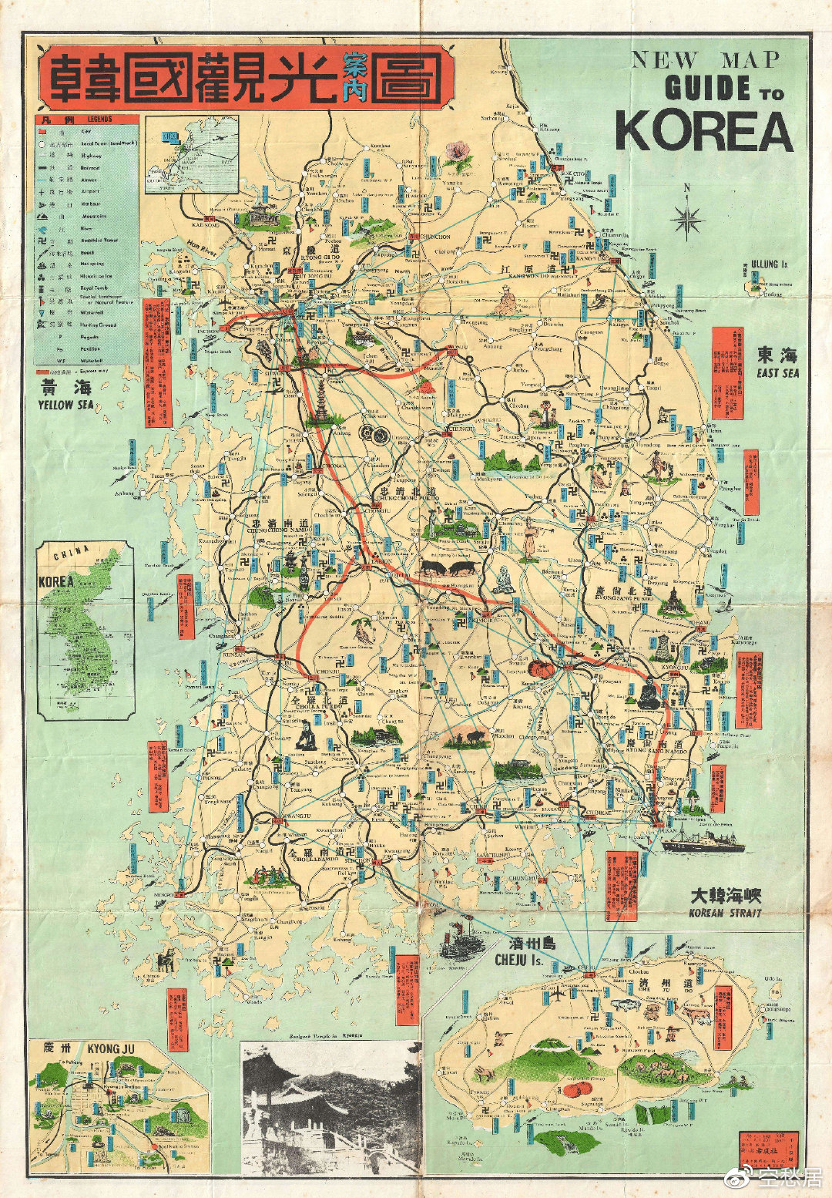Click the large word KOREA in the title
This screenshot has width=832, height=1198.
tap(704, 132)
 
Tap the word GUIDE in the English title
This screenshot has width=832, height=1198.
tap(708, 89)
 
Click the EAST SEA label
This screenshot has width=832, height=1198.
tap(777, 363)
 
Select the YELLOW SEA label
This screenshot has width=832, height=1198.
tap(66, 396)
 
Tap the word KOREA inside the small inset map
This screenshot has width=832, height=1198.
tap(55, 581)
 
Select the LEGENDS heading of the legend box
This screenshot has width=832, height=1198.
tap(99, 119)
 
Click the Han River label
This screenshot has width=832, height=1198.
tap(200, 244)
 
